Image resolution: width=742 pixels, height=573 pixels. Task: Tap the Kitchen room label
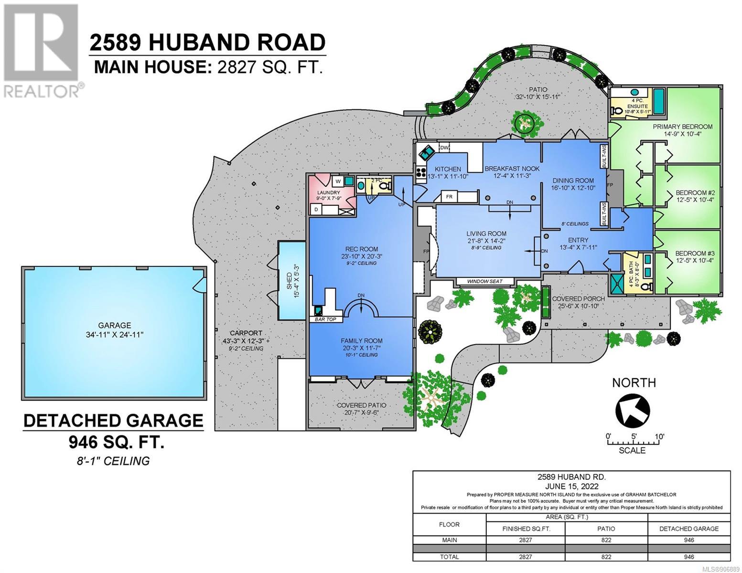448,169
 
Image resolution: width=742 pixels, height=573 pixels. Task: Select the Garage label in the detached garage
114,325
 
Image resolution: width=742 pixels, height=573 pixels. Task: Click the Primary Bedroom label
683,127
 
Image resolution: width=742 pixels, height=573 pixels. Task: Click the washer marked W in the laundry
337,181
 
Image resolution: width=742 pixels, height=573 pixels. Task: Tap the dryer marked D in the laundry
316,209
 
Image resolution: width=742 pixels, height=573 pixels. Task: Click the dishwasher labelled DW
444,148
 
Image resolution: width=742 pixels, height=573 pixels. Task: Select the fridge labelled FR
450,197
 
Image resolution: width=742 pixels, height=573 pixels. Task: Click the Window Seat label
485,281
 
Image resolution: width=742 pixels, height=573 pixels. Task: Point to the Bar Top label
326,319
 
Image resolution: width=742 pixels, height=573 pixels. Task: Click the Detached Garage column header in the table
689,529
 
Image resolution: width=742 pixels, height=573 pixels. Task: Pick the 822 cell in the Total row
606,557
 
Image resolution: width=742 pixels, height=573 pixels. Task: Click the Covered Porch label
578,299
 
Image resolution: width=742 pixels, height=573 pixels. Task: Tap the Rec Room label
361,249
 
